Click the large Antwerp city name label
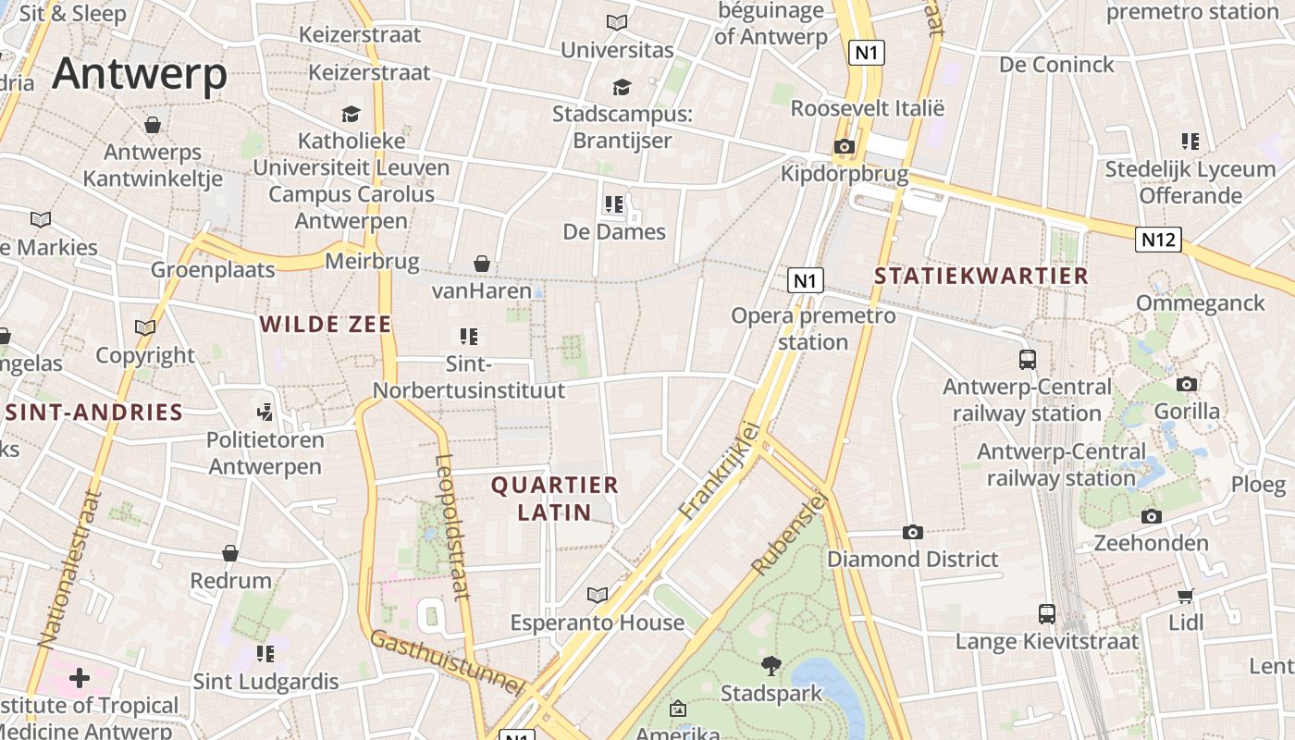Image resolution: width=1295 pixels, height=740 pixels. tap(140, 74)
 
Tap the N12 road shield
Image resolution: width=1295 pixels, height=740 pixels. tap(1158, 240)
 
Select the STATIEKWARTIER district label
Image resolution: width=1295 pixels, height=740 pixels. tap(980, 276)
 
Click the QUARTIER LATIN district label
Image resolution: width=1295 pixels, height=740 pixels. tap(554, 499)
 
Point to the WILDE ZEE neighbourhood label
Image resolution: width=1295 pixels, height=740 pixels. tap(326, 324)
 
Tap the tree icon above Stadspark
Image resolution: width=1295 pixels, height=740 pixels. tap(771, 665)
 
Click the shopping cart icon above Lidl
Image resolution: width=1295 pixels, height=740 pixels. tap(1185, 596)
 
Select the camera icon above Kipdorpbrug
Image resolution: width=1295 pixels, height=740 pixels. tap(844, 146)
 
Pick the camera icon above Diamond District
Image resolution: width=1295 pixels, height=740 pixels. tap(912, 532)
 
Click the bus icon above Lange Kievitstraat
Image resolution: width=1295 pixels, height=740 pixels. tap(1046, 613)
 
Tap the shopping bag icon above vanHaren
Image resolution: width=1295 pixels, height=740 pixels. tap(481, 264)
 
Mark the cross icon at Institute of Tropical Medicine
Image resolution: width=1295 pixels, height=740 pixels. tap(80, 678)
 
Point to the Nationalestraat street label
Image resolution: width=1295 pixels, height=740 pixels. tap(68, 568)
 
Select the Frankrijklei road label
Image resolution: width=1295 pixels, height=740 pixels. tap(719, 471)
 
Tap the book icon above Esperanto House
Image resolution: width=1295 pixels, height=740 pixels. tap(598, 595)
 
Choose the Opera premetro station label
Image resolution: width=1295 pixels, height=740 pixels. tap(813, 328)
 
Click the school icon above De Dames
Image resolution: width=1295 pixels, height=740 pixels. tap(613, 203)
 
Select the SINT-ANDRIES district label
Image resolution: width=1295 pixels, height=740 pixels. tap(93, 413)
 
